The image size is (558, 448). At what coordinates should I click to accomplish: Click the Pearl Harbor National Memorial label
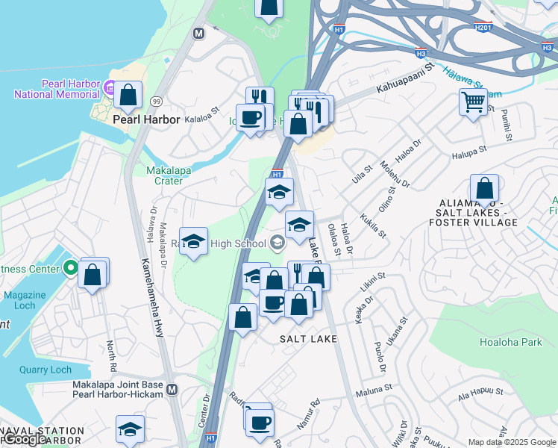click(57, 89)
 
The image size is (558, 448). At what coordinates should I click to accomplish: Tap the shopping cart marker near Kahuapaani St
click(473, 102)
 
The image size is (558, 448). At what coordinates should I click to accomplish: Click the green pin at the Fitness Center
click(70, 267)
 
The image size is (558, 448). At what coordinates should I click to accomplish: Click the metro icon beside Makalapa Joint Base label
click(172, 390)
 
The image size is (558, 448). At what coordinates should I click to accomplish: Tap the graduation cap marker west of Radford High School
click(194, 241)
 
